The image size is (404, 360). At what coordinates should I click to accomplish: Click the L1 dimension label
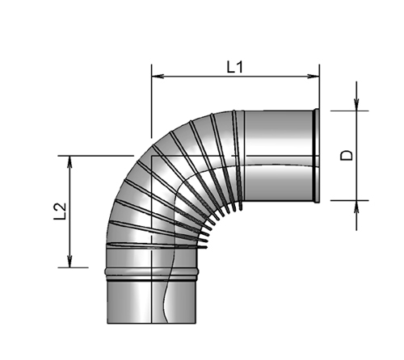point(234,68)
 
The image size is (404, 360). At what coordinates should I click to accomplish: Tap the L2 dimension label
point(58,211)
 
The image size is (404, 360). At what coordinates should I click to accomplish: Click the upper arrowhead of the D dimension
point(356,104)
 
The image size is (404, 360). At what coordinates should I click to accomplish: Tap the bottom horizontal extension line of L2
point(81,267)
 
